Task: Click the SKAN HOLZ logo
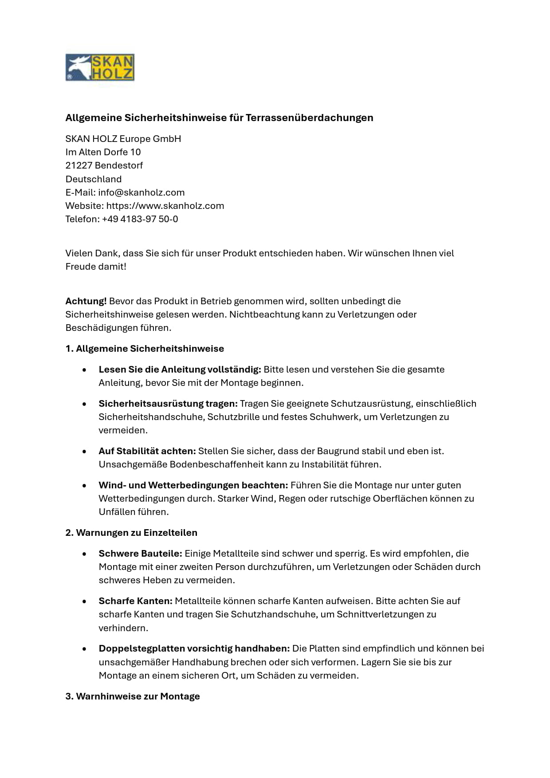point(100,67)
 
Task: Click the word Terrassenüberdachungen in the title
point(309,118)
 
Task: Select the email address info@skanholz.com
point(141,193)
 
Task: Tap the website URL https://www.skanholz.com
point(165,206)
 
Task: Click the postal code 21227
point(79,165)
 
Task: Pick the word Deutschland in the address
point(94,179)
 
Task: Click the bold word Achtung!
point(86,301)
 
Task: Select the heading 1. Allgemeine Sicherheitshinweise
point(145,349)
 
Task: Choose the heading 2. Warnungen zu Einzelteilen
point(131,533)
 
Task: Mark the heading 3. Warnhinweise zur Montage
point(133,696)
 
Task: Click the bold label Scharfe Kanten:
point(135,601)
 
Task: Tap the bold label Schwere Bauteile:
point(140,554)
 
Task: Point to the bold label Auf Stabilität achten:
point(147,451)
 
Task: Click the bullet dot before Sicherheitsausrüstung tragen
point(84,404)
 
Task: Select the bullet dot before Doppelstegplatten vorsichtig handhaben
point(84,649)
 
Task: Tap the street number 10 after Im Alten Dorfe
point(135,152)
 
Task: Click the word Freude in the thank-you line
point(80,267)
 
